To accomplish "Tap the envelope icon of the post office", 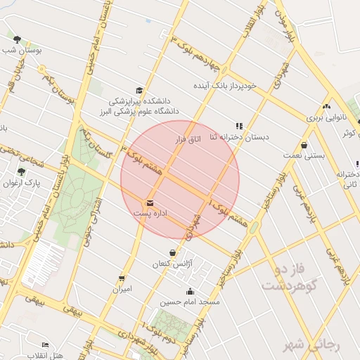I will point(150,202).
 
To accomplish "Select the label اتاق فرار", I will point(187,139).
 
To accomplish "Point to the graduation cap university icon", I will point(139,91).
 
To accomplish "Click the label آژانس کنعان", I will point(173,264).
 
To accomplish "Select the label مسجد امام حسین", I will point(190,302).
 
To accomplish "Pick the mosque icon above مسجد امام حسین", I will point(190,292).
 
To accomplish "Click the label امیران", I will point(121,288).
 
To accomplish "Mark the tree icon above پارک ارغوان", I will point(22,172).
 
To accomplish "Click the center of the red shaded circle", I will point(180,180).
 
